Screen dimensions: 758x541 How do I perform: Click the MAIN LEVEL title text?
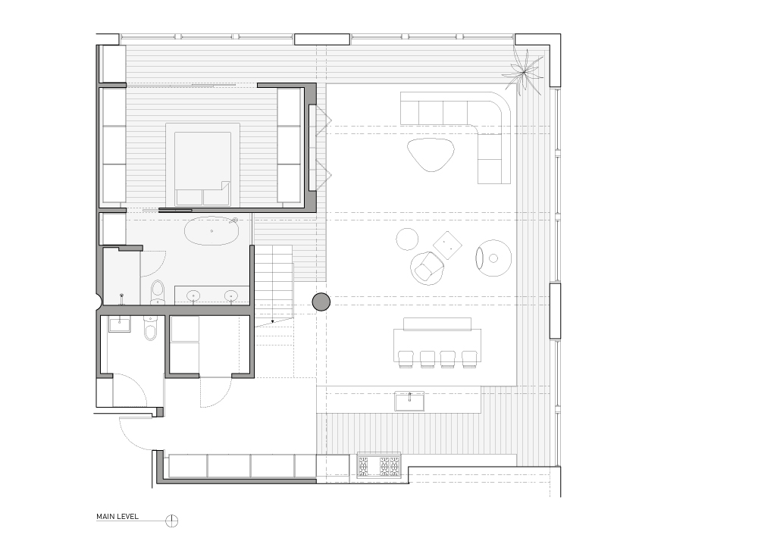click(117, 516)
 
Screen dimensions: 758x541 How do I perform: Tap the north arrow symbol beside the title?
click(171, 521)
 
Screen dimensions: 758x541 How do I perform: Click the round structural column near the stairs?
click(321, 302)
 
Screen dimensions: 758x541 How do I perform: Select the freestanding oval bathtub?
click(211, 231)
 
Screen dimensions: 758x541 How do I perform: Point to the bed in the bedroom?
click(202, 165)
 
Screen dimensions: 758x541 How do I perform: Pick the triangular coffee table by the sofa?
click(431, 154)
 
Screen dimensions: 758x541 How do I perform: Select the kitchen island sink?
click(409, 400)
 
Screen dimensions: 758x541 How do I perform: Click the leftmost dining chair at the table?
click(406, 359)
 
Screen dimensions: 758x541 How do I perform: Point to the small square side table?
click(448, 245)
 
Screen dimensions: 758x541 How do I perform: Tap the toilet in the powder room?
click(150, 329)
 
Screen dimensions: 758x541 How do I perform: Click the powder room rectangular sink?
click(120, 324)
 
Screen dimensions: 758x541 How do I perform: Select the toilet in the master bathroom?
click(158, 292)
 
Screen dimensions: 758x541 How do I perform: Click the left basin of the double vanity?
click(194, 296)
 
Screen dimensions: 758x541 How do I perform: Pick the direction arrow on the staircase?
click(273, 321)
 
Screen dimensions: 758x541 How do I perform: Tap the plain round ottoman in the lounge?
click(407, 239)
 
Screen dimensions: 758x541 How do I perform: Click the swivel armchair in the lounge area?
click(427, 268)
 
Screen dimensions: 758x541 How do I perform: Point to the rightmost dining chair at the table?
click(470, 359)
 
